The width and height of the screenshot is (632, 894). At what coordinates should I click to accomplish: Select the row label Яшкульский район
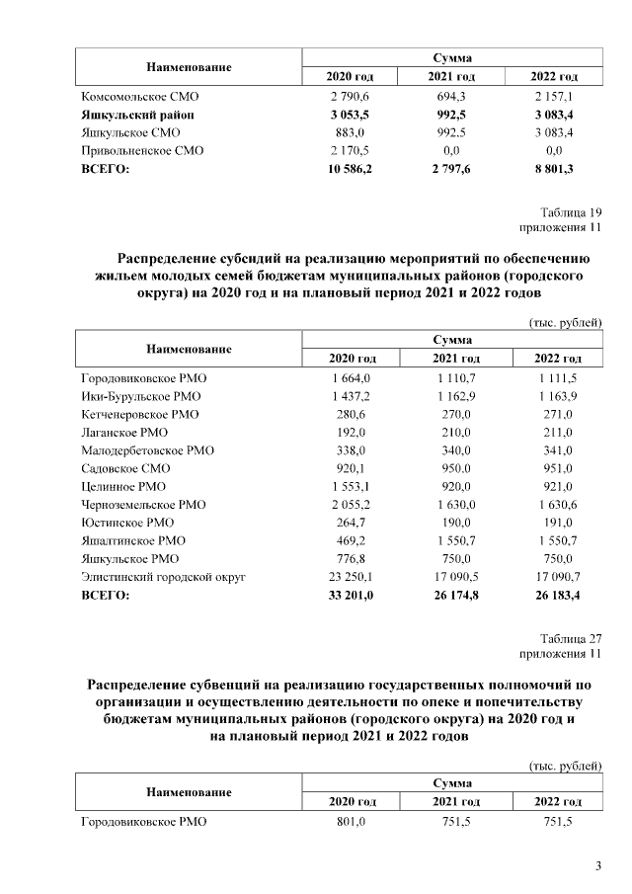click(136, 115)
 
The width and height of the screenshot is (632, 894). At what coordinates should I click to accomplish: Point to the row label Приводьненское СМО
click(141, 151)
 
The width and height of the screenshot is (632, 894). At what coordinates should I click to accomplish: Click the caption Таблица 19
click(571, 211)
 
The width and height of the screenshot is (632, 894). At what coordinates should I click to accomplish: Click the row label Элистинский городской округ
click(162, 576)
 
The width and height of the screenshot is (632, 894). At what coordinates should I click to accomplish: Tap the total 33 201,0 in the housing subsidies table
click(350, 595)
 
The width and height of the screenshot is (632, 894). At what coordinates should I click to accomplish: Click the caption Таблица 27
click(571, 638)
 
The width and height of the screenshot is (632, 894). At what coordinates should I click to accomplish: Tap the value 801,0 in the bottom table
click(351, 821)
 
